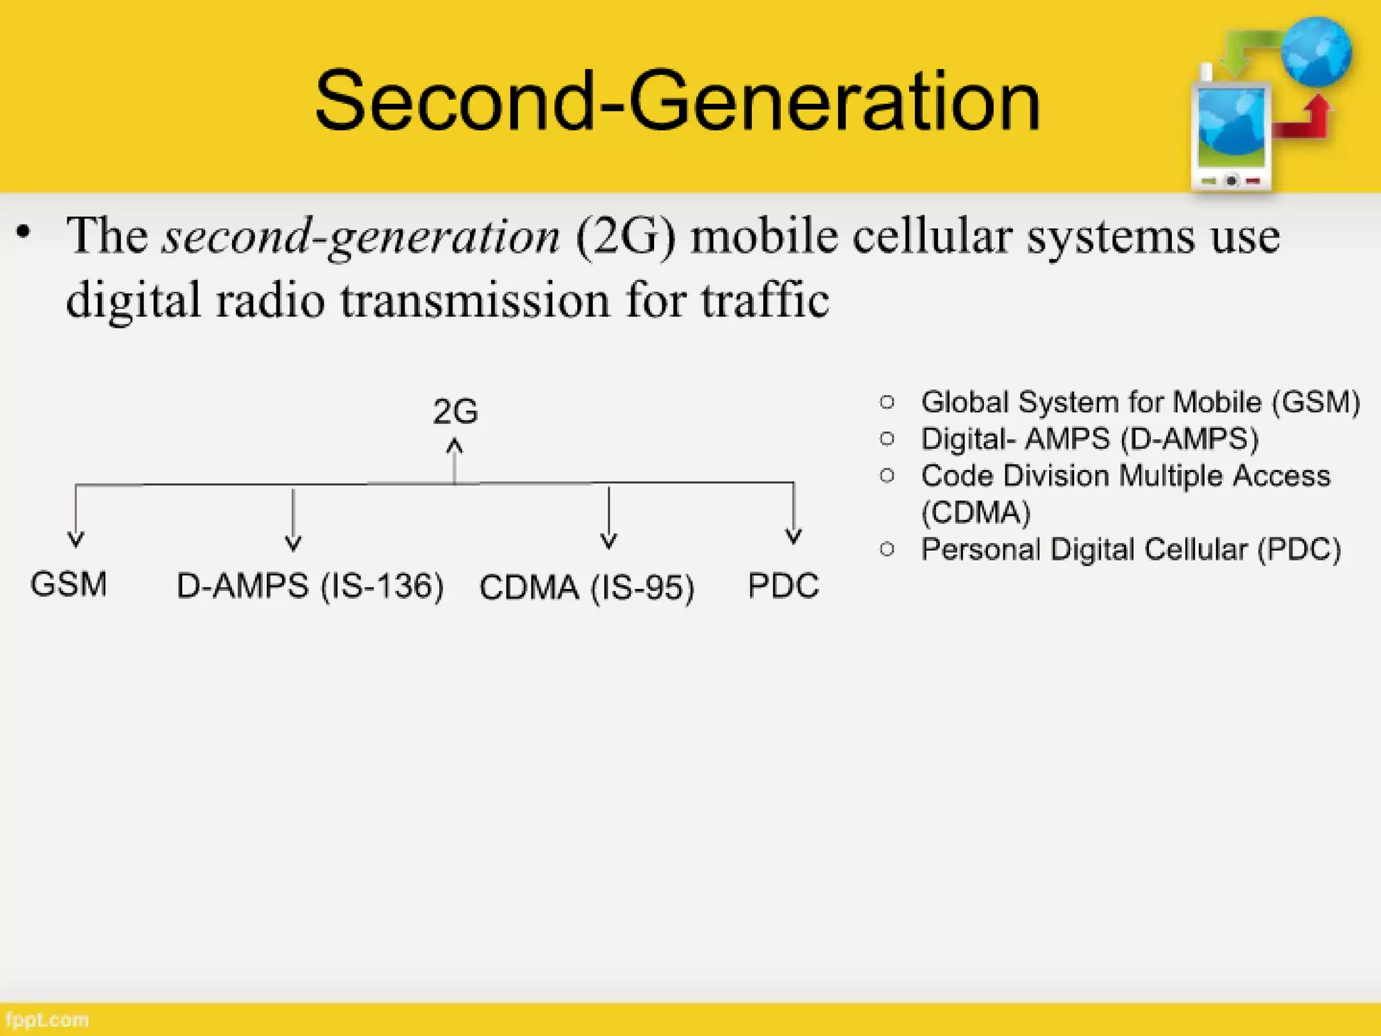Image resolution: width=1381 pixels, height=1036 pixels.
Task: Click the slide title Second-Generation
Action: [677, 101]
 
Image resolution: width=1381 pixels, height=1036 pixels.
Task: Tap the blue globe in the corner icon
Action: [1316, 52]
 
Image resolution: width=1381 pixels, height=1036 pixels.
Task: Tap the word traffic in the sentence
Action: [765, 300]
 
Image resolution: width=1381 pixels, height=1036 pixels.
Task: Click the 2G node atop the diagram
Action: [455, 411]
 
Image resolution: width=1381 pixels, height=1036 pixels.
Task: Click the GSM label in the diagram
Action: [69, 584]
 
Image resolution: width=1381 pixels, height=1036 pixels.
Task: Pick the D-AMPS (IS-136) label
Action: [310, 585]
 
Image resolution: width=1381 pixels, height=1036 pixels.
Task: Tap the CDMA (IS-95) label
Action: [587, 587]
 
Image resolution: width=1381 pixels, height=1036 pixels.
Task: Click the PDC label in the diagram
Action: [783, 585]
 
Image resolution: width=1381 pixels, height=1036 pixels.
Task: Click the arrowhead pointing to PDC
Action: [794, 536]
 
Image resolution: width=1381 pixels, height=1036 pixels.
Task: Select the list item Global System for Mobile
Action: [1140, 402]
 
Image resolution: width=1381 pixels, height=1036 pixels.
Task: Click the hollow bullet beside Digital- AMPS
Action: [887, 439]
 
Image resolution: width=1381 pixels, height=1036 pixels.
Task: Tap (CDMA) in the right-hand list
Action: [976, 513]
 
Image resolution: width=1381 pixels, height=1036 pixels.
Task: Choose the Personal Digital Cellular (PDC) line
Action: [1131, 549]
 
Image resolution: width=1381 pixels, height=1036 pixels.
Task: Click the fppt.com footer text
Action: [47, 1020]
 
